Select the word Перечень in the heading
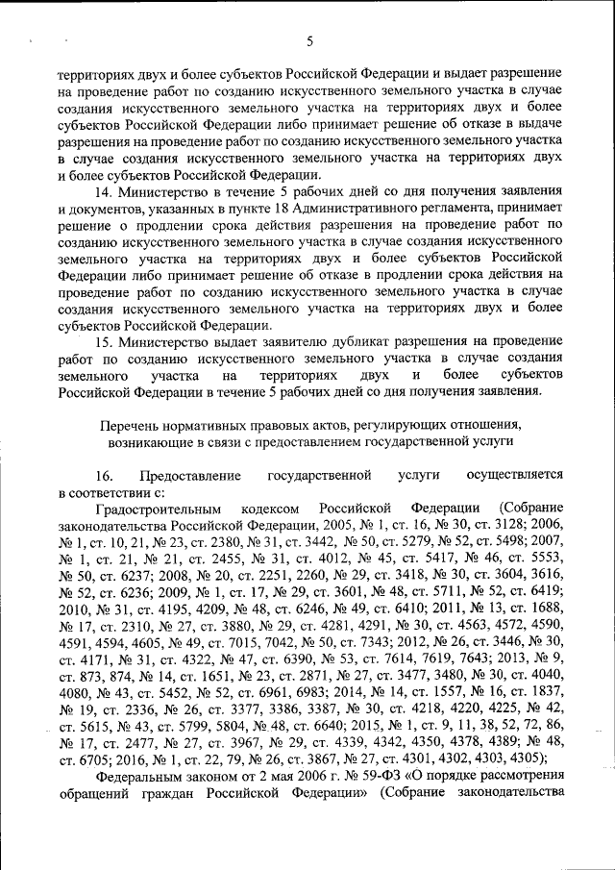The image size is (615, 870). [x=131, y=425]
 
